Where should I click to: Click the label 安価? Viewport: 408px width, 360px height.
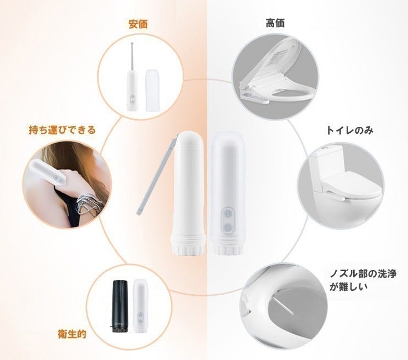pyautogui.click(x=138, y=24)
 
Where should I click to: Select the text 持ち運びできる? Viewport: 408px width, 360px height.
pyautogui.click(x=62, y=130)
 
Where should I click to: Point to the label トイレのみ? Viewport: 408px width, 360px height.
pyautogui.click(x=349, y=131)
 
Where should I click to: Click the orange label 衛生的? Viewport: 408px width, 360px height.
pyautogui.click(x=72, y=333)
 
